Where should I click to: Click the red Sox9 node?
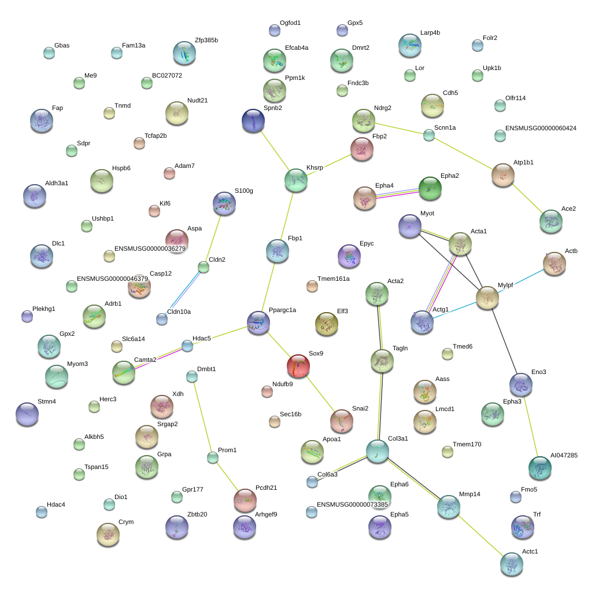click(x=298, y=366)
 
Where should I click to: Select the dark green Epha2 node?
click(x=430, y=188)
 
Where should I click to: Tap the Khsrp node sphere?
click(x=296, y=181)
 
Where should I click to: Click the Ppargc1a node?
click(x=258, y=323)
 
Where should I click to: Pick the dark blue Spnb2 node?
click(x=253, y=121)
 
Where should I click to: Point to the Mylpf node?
click(x=487, y=298)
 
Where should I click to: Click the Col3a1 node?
click(x=378, y=452)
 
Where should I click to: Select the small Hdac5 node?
click(x=187, y=346)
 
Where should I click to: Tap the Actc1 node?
click(x=512, y=564)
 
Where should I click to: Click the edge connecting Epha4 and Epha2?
click(x=397, y=193)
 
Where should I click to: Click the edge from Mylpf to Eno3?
click(x=504, y=341)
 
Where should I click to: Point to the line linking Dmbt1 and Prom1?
click(x=202, y=417)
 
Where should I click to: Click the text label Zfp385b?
click(x=206, y=41)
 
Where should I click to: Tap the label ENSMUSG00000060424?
click(x=541, y=129)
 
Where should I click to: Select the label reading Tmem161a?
click(x=334, y=279)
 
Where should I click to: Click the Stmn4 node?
click(x=27, y=414)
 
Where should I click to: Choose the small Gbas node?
click(x=49, y=53)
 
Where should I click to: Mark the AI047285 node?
click(x=540, y=468)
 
